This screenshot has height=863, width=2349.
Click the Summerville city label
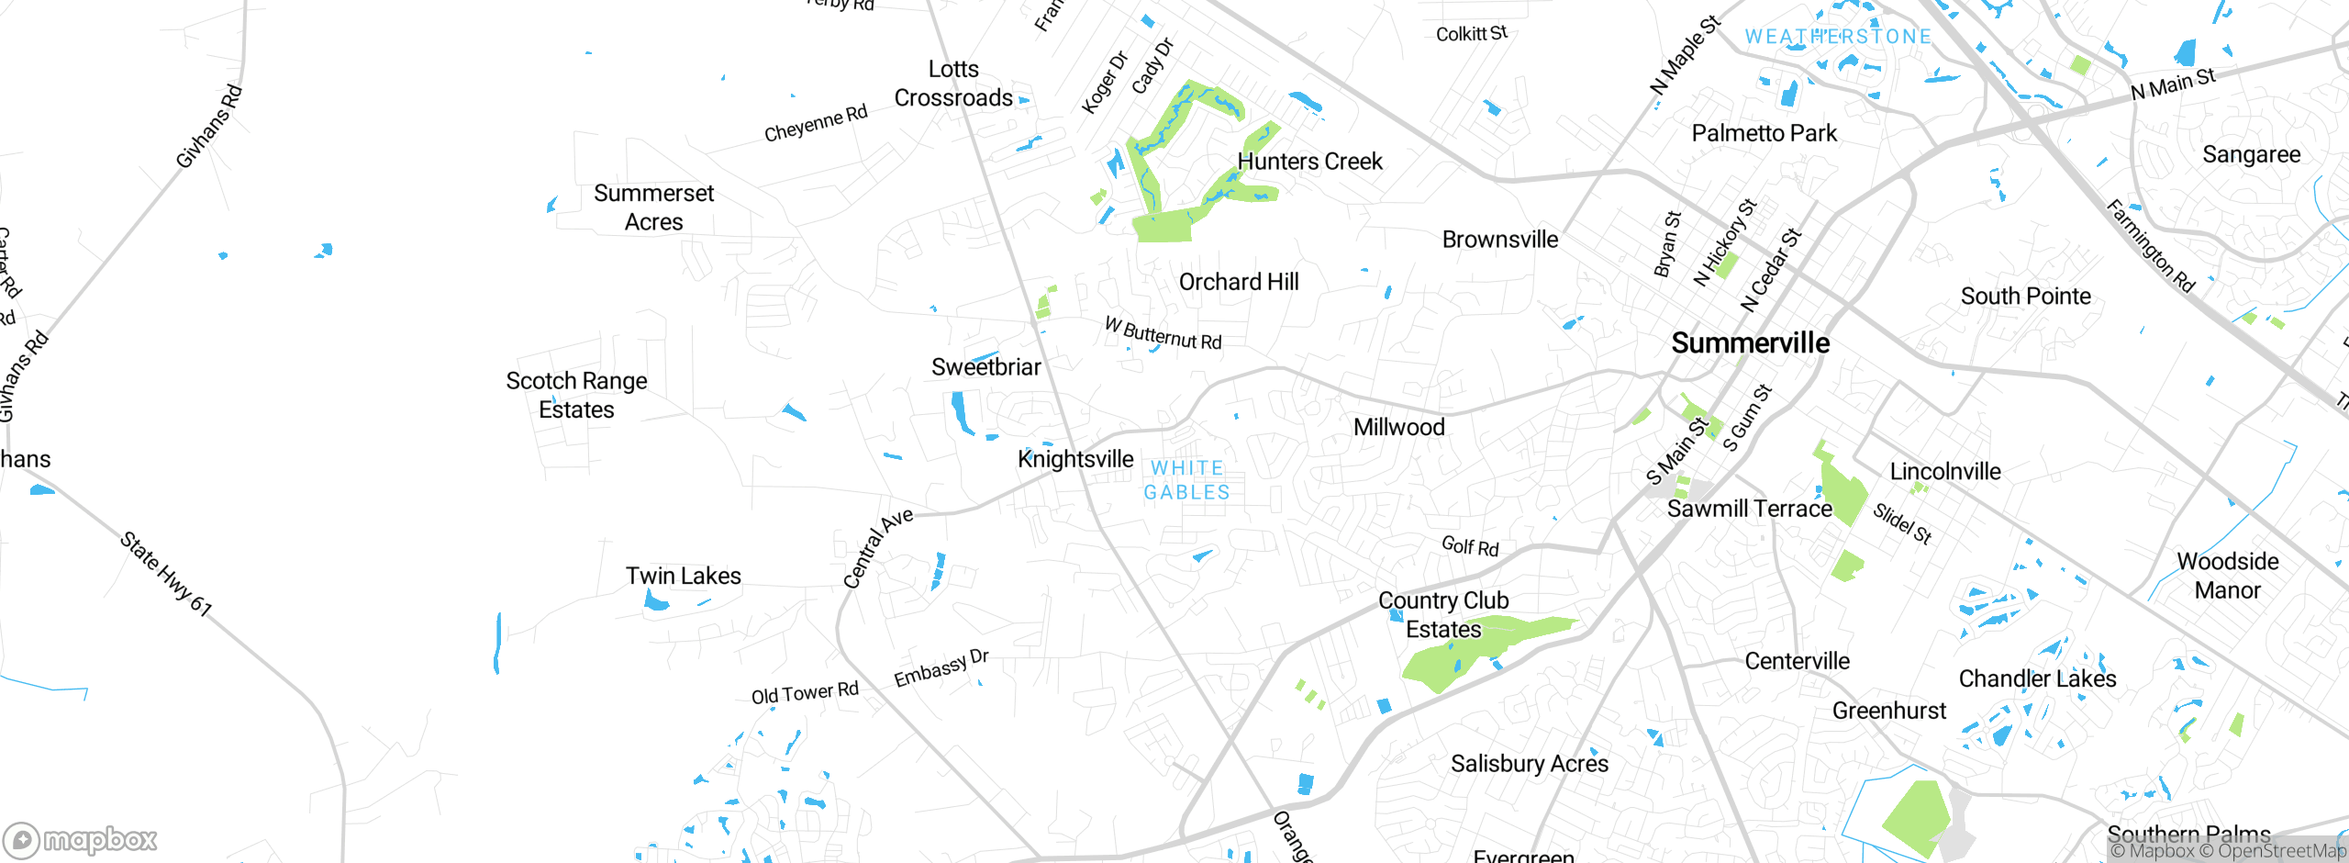click(x=1750, y=343)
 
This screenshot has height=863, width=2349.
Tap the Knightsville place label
click(x=1075, y=459)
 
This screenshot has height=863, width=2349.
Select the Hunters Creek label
click(x=1309, y=162)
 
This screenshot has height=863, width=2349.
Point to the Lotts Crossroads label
click(x=953, y=84)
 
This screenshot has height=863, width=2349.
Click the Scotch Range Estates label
click(x=576, y=395)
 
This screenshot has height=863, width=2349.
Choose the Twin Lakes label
click(x=683, y=577)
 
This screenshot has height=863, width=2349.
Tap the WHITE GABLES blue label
click(x=1186, y=480)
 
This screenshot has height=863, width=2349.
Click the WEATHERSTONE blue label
click(x=1837, y=37)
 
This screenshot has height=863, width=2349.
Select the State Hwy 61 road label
click(x=166, y=573)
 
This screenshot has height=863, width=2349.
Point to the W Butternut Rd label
click(x=1163, y=334)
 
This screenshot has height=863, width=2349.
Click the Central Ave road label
click(x=878, y=547)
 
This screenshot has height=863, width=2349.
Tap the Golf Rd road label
click(x=1470, y=546)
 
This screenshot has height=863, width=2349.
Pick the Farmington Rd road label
click(x=2150, y=246)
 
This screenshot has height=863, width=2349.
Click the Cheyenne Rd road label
click(x=816, y=124)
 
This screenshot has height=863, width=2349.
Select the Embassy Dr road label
click(x=941, y=668)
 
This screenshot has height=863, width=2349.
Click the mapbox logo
click(x=81, y=839)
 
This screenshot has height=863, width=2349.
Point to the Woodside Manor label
click(x=2227, y=576)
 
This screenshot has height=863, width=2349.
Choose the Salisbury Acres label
click(x=1529, y=764)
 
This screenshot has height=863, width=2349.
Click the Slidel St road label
click(x=1902, y=523)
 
